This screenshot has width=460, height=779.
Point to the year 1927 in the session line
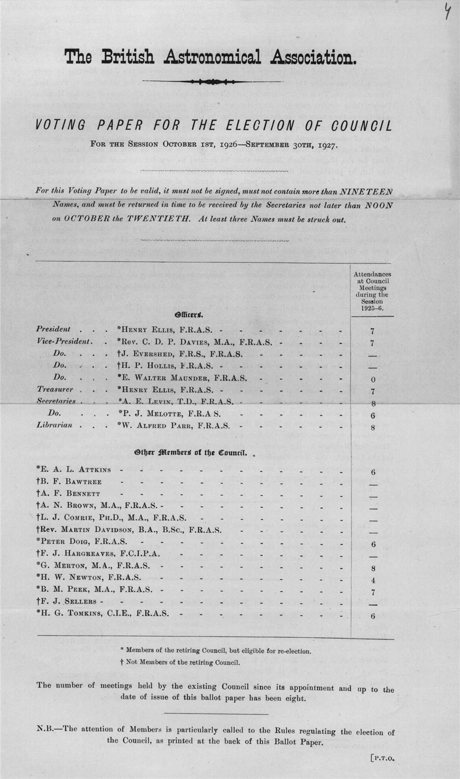click(x=320, y=144)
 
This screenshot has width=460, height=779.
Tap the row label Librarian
click(x=54, y=425)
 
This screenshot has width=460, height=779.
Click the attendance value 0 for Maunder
click(x=373, y=379)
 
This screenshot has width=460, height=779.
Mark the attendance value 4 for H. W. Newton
click(x=373, y=580)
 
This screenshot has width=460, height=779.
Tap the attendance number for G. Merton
click(x=373, y=569)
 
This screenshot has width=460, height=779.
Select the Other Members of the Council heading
click(x=190, y=453)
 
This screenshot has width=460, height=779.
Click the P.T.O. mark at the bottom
click(x=383, y=759)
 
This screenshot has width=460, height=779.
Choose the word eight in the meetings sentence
click(x=297, y=699)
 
